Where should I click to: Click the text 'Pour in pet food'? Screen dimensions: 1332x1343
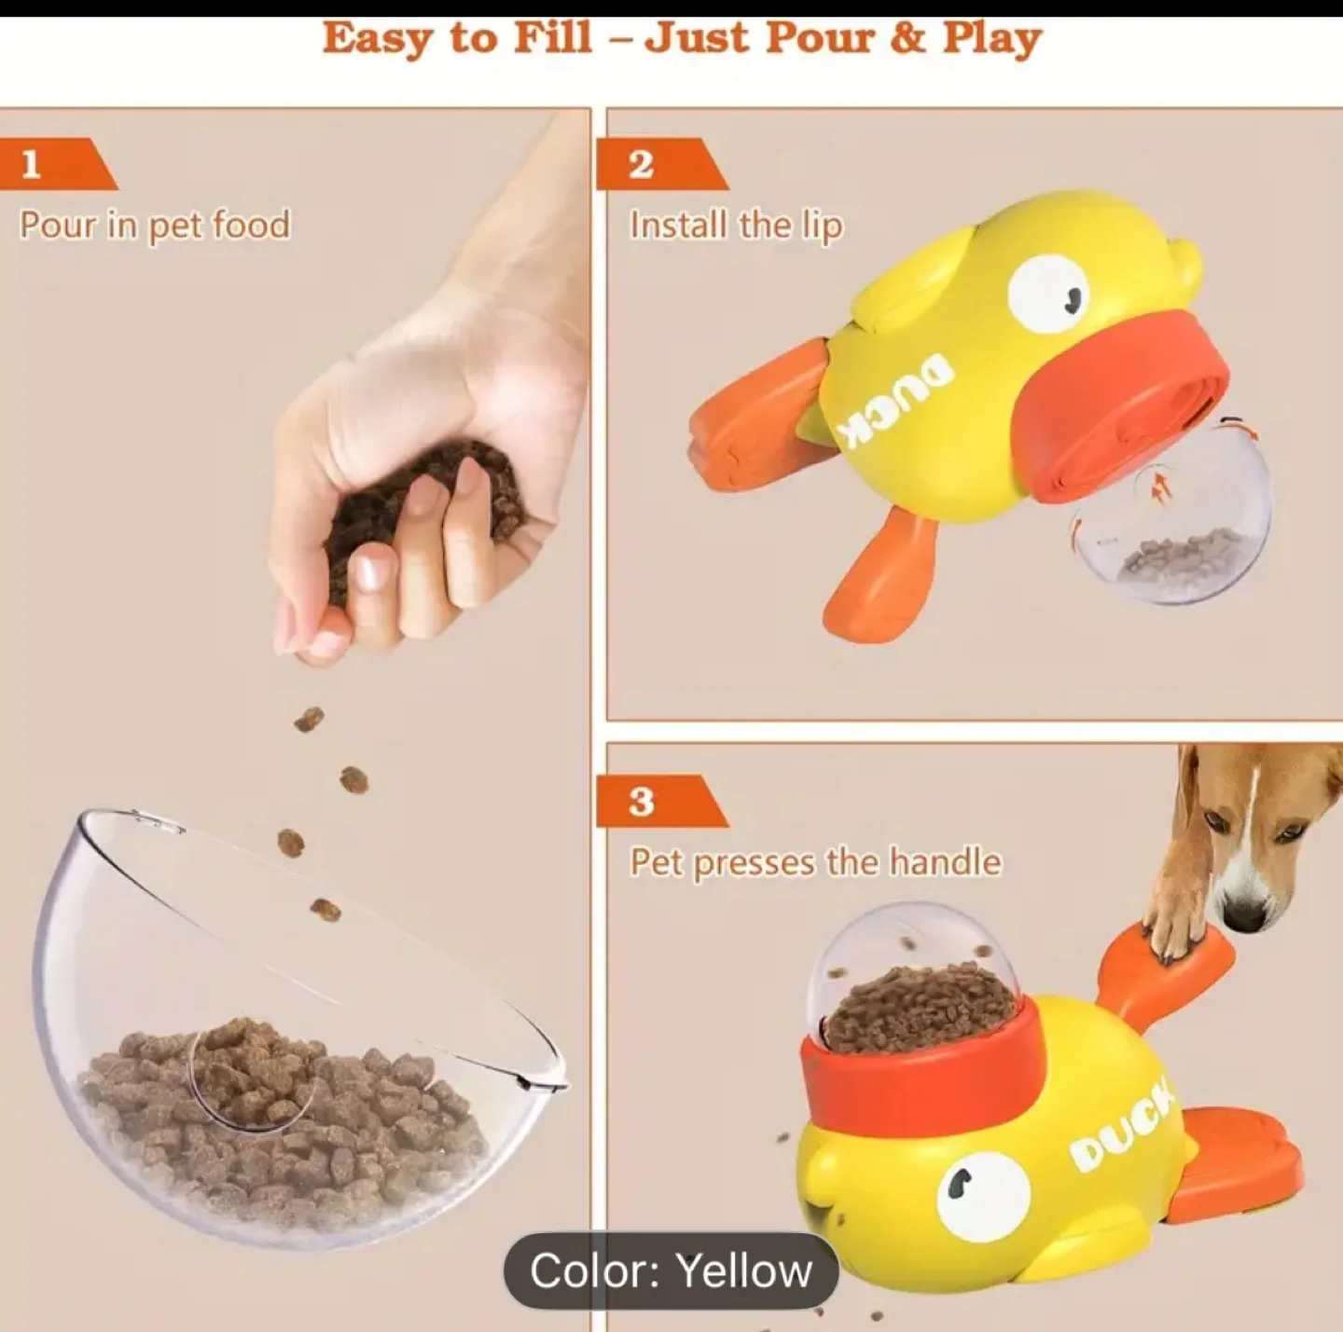[155, 226]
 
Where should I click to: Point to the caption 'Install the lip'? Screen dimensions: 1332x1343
[736, 226]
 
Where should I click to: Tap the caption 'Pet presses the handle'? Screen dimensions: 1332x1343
[815, 862]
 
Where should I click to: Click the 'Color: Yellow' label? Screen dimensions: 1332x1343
[671, 1270]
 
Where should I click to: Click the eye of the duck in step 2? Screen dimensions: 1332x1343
[1049, 292]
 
